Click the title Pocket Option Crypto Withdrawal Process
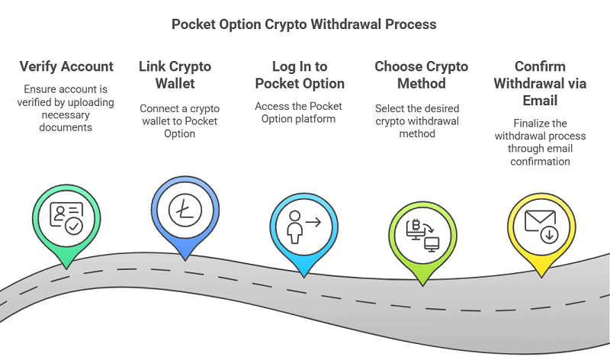point(304,24)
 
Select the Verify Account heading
point(67,66)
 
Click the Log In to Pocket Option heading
point(300,75)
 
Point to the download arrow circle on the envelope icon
point(548,234)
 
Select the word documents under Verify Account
point(67,127)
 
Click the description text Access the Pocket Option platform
point(300,112)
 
